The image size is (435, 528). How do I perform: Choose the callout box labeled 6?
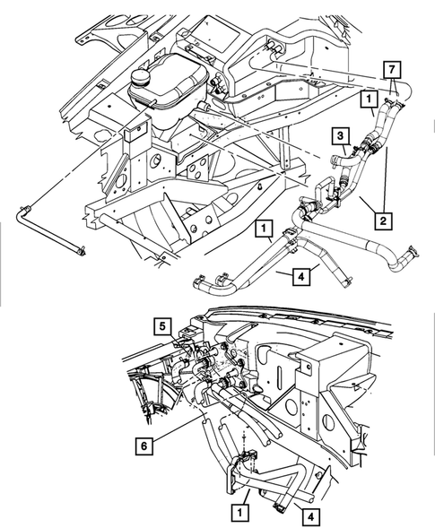pyautogui.click(x=144, y=442)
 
